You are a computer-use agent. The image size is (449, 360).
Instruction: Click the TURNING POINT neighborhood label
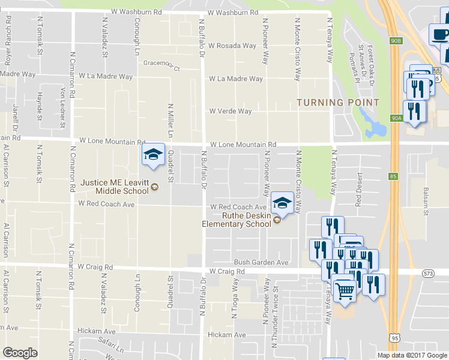point(338,103)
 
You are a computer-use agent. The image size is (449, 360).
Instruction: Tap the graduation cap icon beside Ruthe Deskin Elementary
point(282,203)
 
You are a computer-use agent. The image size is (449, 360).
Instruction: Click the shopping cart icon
point(344,291)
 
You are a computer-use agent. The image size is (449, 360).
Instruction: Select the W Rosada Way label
point(232,46)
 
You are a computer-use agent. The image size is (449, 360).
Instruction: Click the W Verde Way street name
point(230,111)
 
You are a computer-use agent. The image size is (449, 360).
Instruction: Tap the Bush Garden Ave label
point(261,262)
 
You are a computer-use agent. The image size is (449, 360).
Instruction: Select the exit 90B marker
point(394,41)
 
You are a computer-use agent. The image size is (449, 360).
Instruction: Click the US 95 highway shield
point(394,338)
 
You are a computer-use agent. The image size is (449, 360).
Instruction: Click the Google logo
point(20,353)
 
